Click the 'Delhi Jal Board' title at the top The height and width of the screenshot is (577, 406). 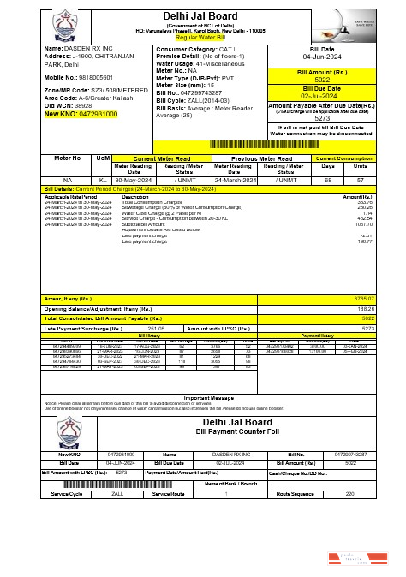[203, 15]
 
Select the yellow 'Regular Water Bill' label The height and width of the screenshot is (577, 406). [203, 39]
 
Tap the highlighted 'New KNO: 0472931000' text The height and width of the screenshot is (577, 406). [69, 114]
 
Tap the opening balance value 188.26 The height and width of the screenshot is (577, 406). [366, 307]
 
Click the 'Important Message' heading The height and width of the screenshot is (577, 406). [203, 398]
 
